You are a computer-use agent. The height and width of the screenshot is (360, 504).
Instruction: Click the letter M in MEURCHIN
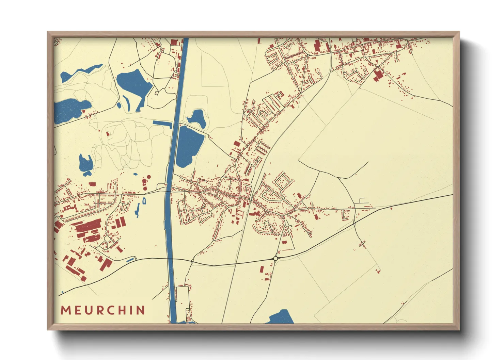(65, 310)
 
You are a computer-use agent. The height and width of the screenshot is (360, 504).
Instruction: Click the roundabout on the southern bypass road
(275, 259)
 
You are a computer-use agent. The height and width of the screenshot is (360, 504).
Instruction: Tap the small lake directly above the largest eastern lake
(197, 117)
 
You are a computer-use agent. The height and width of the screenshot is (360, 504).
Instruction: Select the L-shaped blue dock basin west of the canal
(163, 124)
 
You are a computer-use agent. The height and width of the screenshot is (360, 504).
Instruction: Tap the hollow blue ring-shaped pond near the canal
(144, 201)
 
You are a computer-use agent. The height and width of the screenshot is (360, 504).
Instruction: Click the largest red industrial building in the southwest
(88, 226)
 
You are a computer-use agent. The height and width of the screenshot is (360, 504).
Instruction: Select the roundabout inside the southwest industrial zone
(107, 239)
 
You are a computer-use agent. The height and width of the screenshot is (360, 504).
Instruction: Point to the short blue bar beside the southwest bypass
(130, 260)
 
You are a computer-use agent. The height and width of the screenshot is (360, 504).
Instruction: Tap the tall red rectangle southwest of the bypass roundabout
(262, 269)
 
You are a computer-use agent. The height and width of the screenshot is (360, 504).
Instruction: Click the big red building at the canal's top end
(174, 43)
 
